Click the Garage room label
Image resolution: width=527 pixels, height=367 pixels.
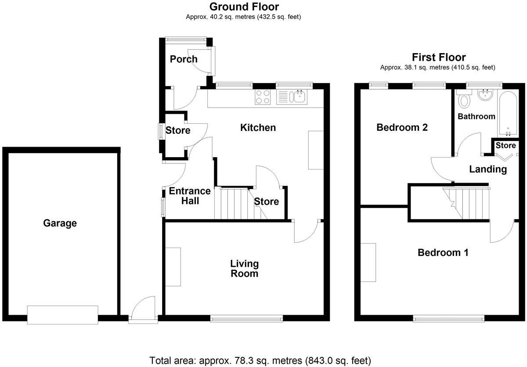click(60, 223)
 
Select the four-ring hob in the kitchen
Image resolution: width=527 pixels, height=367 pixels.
click(263, 97)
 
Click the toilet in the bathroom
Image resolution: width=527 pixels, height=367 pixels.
click(464, 101)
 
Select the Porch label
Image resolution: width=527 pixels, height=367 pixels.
click(184, 59)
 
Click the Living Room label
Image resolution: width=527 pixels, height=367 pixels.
click(245, 268)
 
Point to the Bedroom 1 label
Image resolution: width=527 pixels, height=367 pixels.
click(443, 253)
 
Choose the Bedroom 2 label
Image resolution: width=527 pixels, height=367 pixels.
click(402, 128)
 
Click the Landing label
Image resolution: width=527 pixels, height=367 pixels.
click(487, 169)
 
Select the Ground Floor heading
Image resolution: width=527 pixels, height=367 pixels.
click(244, 7)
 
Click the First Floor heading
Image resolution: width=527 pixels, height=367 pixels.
click(438, 57)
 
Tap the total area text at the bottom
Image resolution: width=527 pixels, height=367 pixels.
click(260, 360)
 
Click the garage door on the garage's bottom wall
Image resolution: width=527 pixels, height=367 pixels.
click(62, 315)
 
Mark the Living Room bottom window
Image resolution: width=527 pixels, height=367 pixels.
click(246, 318)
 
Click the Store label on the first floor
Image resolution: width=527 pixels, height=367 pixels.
click(505, 145)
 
